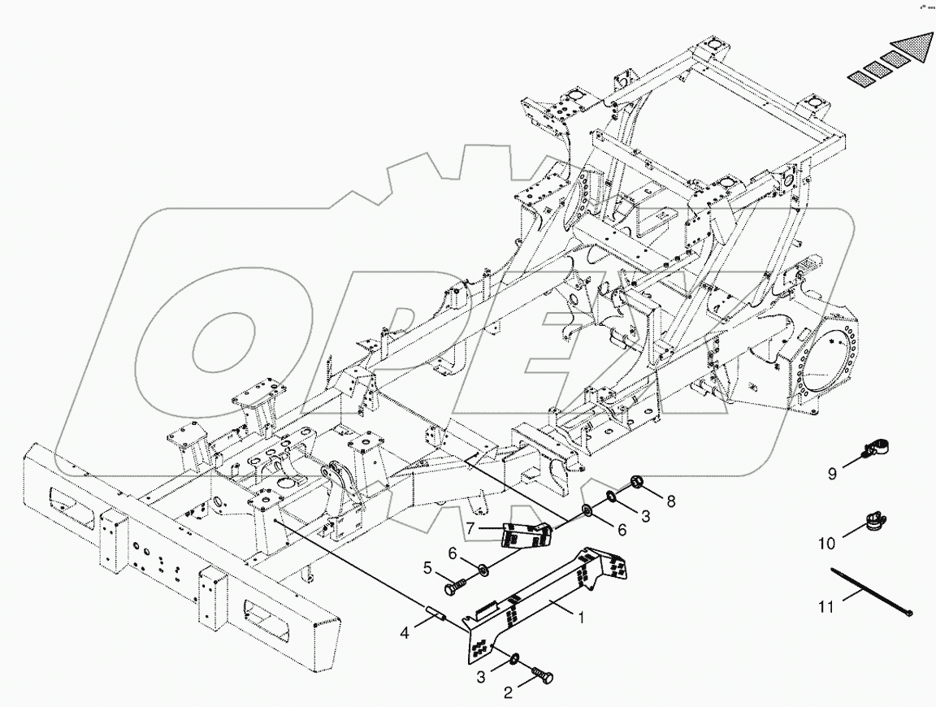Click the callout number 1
[581, 618]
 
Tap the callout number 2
[508, 693]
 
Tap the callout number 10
[826, 543]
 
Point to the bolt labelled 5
[457, 583]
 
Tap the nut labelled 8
[638, 484]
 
